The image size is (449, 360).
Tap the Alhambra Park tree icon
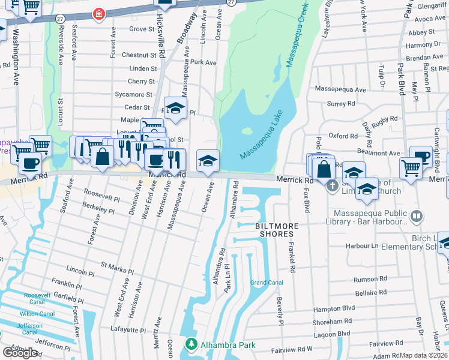pos(191,344)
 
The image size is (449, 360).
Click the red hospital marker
pos(99,13)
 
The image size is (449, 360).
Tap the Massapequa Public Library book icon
pos(415,215)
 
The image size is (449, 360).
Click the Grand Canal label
pos(267,283)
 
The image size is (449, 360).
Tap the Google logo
pos(20,352)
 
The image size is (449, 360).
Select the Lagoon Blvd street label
pos(331,334)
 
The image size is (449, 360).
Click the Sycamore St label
pos(133,94)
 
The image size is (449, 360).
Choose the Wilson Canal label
pos(37,314)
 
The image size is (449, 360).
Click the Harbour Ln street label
pos(362,246)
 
